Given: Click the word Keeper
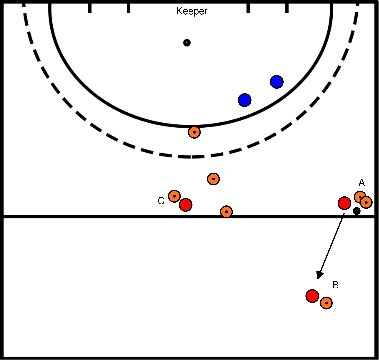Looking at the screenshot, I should pos(191,11).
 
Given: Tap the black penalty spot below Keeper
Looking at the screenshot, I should pos(186,42).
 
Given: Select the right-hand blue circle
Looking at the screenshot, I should pos(276,81).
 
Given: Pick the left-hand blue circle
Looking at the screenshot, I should pos(244,100).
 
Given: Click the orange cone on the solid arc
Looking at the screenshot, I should pos(194,132).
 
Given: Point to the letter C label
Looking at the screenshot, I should pos(160,201).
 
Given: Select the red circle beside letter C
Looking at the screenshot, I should pos(185,205).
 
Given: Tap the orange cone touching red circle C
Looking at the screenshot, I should pos(174,196).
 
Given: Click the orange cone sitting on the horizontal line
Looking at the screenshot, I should pos(226,212).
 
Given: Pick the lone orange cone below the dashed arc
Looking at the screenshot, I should pos(213,179).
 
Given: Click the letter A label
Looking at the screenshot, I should pos(361,182).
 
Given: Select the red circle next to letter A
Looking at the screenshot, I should pos(345,204).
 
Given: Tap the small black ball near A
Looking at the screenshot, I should pos(356,211).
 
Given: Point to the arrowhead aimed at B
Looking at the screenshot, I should pos(319,274).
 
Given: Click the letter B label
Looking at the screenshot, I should pos(335,285).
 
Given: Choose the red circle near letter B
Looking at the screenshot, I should pos(312,296).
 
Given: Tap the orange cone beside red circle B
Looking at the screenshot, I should pos(326,302).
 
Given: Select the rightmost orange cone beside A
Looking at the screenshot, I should pos(366,202).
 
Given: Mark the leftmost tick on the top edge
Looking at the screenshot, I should pos(90,8).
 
